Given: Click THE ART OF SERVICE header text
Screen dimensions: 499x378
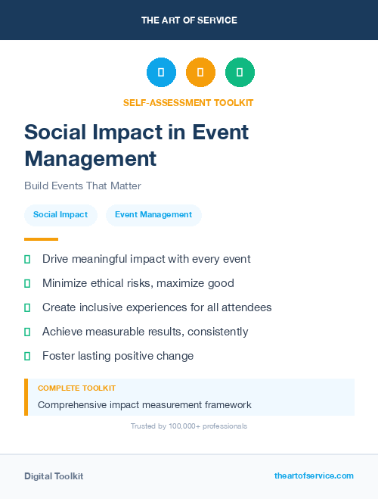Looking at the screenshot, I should pyautogui.click(x=189, y=20).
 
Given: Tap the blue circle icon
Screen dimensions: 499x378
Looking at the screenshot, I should pyautogui.click(x=161, y=73).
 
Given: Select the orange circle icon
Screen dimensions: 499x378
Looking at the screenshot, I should pyautogui.click(x=200, y=73).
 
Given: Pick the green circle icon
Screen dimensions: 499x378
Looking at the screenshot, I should pyautogui.click(x=240, y=73).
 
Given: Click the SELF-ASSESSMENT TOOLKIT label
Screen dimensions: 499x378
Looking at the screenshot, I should pyautogui.click(x=188, y=102).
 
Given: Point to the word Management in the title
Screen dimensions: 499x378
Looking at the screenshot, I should pyautogui.click(x=91, y=158).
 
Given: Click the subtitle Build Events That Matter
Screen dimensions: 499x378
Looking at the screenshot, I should pyautogui.click(x=82, y=186).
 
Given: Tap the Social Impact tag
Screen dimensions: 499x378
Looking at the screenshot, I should pyautogui.click(x=60, y=215).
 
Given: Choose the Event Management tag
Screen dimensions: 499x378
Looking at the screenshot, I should pyautogui.click(x=153, y=215).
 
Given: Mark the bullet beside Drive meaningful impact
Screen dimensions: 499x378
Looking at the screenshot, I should pyautogui.click(x=27, y=260).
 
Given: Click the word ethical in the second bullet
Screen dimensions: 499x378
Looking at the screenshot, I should pyautogui.click(x=113, y=283).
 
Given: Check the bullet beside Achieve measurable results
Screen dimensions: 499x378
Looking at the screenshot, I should pyautogui.click(x=27, y=332).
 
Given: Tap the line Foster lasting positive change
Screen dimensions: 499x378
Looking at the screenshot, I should pyautogui.click(x=118, y=356).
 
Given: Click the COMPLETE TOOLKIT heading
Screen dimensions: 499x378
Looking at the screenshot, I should pyautogui.click(x=76, y=388).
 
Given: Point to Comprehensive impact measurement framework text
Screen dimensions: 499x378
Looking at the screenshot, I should pyautogui.click(x=144, y=405).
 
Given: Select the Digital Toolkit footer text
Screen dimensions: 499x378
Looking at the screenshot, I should pyautogui.click(x=54, y=476).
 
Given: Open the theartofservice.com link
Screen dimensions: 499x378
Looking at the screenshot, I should pyautogui.click(x=314, y=476).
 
